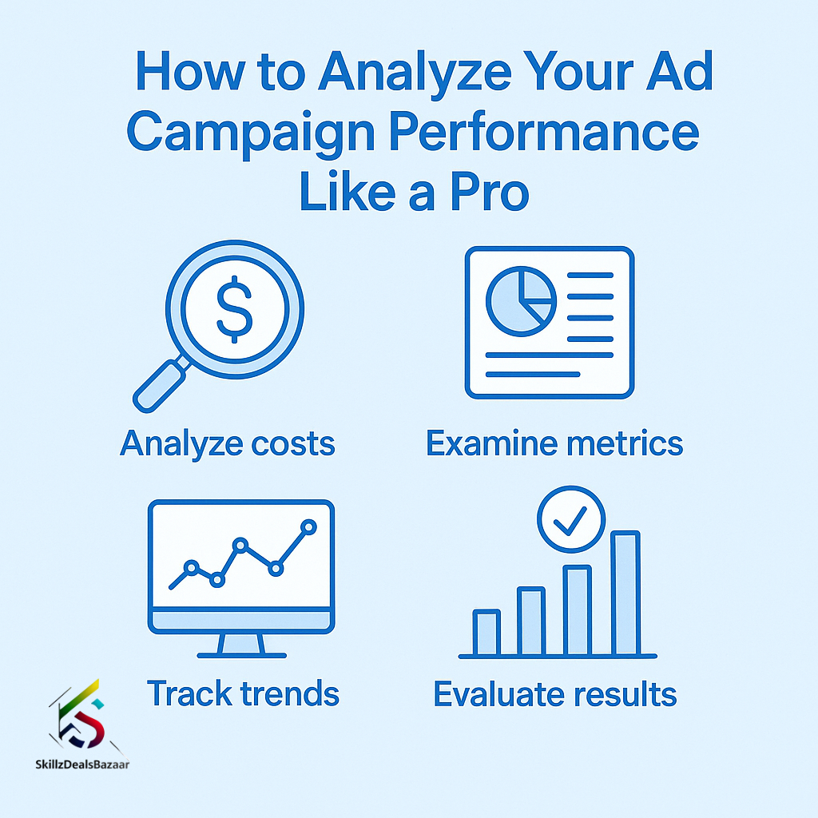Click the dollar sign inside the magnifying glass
(x=235, y=309)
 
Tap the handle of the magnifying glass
(x=160, y=386)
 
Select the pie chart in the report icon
(x=521, y=301)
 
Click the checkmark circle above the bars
(x=571, y=519)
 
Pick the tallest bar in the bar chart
(x=625, y=594)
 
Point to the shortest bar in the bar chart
(x=486, y=633)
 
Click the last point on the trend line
(x=309, y=527)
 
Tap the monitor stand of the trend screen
(x=241, y=645)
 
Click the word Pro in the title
(x=490, y=192)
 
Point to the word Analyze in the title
(x=415, y=71)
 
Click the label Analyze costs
(x=228, y=444)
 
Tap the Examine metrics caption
(x=554, y=443)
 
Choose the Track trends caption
(x=243, y=693)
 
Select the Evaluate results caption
(x=555, y=694)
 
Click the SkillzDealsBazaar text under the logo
(x=82, y=764)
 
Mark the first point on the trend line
(x=192, y=567)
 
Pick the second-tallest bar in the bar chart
(x=578, y=610)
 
